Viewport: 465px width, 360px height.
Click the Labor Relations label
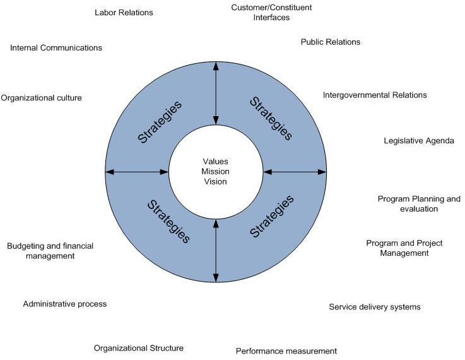(124, 13)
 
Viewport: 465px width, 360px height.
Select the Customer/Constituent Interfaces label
(271, 13)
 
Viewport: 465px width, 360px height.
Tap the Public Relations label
(330, 42)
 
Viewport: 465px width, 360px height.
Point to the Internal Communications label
(56, 48)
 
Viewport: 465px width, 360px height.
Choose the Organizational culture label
(42, 98)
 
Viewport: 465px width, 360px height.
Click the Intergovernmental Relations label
(375, 95)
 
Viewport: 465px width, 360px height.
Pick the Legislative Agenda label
(419, 141)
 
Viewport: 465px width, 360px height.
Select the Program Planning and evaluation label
(419, 204)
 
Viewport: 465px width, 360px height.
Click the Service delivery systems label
(375, 308)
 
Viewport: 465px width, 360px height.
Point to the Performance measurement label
(286, 351)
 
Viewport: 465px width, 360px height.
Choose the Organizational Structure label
(139, 348)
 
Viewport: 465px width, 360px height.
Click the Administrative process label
(65, 304)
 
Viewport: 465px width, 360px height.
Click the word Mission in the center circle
(216, 171)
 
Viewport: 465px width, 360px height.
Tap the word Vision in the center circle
(216, 181)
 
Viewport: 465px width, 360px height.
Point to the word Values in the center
(216, 161)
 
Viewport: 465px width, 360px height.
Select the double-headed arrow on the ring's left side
(138, 171)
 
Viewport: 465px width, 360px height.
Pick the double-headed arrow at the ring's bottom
(216, 249)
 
